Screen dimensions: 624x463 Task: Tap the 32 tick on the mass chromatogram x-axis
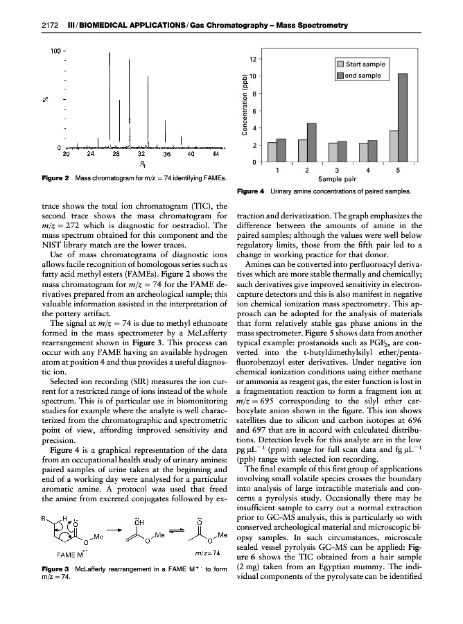(141, 154)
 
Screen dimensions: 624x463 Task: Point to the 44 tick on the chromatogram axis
(216, 154)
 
